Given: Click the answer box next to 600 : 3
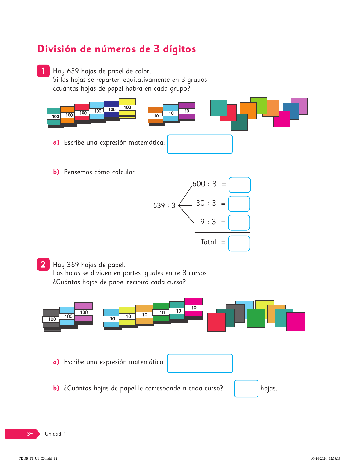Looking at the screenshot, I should tap(240, 185).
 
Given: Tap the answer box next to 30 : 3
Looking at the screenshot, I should tap(239, 204).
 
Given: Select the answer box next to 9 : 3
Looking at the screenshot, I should tap(239, 223).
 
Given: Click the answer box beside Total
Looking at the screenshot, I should tap(239, 243).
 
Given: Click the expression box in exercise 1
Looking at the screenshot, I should tap(200, 144).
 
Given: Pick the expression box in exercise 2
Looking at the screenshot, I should tap(200, 363).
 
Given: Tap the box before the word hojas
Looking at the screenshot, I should tap(246, 389).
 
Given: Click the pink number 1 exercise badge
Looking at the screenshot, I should tap(43, 71).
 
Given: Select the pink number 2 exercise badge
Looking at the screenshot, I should tap(43, 264).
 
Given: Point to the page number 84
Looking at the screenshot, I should tap(30, 433).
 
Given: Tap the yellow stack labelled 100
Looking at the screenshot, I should tap(127, 108).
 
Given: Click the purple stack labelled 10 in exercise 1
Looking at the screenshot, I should tap(187, 111).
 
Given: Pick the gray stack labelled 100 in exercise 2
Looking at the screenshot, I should tap(51, 319).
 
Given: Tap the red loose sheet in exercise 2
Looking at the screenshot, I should tap(216, 322).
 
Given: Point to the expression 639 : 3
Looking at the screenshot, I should tap(164, 206).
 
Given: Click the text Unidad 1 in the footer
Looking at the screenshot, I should tap(55, 434).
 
